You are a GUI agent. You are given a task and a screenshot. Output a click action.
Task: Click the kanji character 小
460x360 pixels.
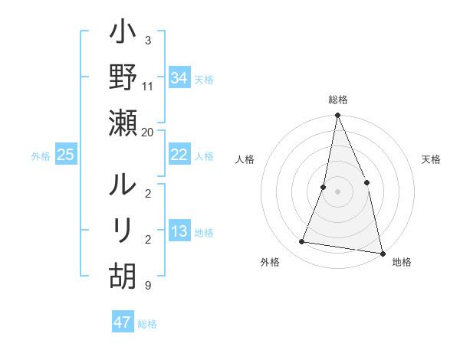coord(123,34)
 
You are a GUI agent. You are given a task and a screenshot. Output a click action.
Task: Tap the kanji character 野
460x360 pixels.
coord(123,78)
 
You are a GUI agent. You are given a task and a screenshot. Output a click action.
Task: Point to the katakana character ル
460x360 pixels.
coord(123,186)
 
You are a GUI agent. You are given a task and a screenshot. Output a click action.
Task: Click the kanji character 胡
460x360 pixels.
coord(123,274)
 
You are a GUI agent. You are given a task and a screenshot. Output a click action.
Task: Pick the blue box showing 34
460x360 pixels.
coord(179,78)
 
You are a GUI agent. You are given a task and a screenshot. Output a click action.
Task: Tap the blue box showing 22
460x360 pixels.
coord(179,155)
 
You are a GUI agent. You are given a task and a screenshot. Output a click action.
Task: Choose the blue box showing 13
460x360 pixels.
coord(179,232)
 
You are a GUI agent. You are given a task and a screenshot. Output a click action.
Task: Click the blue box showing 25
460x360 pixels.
coord(65,155)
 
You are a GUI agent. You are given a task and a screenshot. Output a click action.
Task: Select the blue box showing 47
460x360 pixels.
coord(122,322)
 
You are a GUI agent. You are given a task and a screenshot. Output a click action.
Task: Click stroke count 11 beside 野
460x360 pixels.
coord(148,87)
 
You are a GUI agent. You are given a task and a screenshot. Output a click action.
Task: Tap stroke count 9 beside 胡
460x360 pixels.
coord(147,286)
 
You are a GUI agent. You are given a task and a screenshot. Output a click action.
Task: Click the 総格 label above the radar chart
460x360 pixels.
coord(338,100)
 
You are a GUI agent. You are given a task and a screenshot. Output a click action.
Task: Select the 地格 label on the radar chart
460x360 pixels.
coord(402,262)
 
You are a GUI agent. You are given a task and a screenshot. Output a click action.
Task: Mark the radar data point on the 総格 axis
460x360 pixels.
coord(337,116)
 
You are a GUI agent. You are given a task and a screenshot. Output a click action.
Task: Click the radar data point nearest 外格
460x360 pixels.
coord(302,242)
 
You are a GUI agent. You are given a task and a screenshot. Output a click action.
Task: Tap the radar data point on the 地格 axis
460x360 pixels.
coord(382,253)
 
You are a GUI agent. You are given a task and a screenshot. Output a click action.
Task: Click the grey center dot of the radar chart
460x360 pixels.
coord(337,191)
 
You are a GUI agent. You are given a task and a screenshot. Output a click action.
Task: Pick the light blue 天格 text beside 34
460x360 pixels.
coord(204,79)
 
